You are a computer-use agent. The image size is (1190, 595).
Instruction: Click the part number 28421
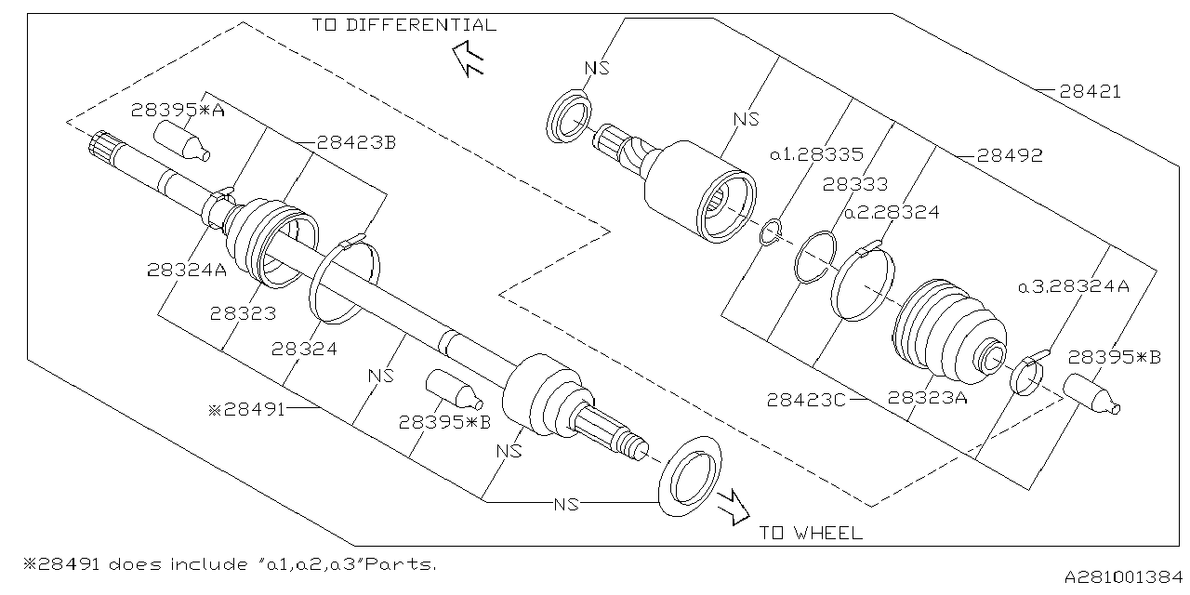(x=1091, y=92)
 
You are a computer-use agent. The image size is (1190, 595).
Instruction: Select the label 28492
(x=1011, y=156)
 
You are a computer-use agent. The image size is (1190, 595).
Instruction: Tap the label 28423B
(x=356, y=143)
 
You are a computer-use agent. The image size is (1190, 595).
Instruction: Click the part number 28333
(x=854, y=184)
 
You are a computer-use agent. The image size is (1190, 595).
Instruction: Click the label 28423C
(x=806, y=400)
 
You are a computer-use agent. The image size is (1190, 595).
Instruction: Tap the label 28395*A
(x=178, y=110)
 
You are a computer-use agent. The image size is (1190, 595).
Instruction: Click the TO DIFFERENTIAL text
(x=403, y=25)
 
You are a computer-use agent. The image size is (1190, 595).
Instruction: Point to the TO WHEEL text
(x=810, y=533)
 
